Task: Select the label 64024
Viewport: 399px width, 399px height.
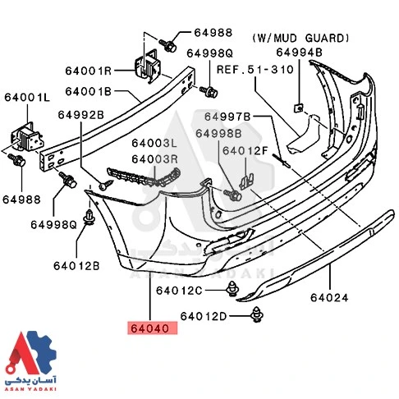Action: click(x=333, y=299)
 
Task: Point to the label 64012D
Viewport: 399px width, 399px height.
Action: click(x=203, y=315)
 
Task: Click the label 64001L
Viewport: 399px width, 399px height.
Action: click(x=27, y=98)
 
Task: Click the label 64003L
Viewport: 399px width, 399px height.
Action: click(x=155, y=143)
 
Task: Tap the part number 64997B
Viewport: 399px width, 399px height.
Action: click(x=227, y=117)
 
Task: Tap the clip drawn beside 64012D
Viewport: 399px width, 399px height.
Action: click(x=260, y=313)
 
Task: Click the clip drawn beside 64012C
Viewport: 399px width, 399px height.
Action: click(x=235, y=289)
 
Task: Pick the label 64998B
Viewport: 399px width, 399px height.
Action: click(x=218, y=133)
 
